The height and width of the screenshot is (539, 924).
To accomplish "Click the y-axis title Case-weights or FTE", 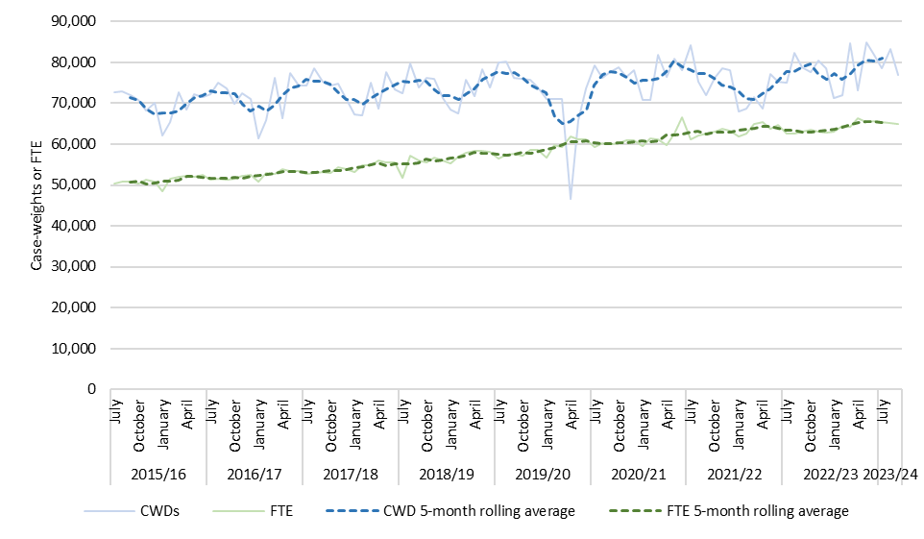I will (36, 206).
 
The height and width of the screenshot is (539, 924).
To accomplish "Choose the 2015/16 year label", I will (158, 475).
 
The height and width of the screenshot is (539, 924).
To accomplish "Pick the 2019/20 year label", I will (542, 475).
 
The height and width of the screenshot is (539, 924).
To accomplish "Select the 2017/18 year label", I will (350, 475).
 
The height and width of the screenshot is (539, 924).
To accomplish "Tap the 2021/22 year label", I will (734, 475).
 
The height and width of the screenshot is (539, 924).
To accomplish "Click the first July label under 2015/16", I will (115, 420).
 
